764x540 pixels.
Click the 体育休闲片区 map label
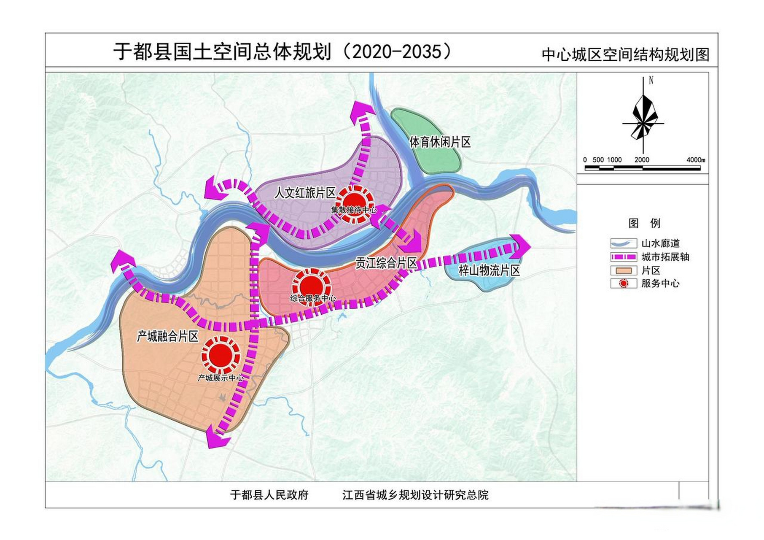click(x=440, y=142)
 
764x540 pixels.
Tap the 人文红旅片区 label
click(x=305, y=193)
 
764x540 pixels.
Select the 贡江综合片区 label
click(x=386, y=263)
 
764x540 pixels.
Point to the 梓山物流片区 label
click(x=489, y=270)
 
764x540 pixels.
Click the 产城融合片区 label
click(x=167, y=336)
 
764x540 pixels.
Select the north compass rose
click(x=643, y=118)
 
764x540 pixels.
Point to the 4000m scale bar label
click(x=696, y=160)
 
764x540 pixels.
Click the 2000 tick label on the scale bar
click(x=642, y=160)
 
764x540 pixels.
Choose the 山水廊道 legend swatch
click(x=623, y=243)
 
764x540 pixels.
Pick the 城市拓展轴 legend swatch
click(x=623, y=257)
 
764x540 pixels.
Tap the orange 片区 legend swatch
click(x=623, y=270)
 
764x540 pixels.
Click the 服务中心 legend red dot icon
click(x=623, y=283)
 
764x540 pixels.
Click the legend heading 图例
click(x=644, y=223)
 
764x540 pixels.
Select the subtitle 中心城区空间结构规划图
click(x=625, y=55)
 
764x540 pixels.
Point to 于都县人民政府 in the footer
click(x=269, y=495)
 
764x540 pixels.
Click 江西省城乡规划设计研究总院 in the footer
click(x=415, y=495)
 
